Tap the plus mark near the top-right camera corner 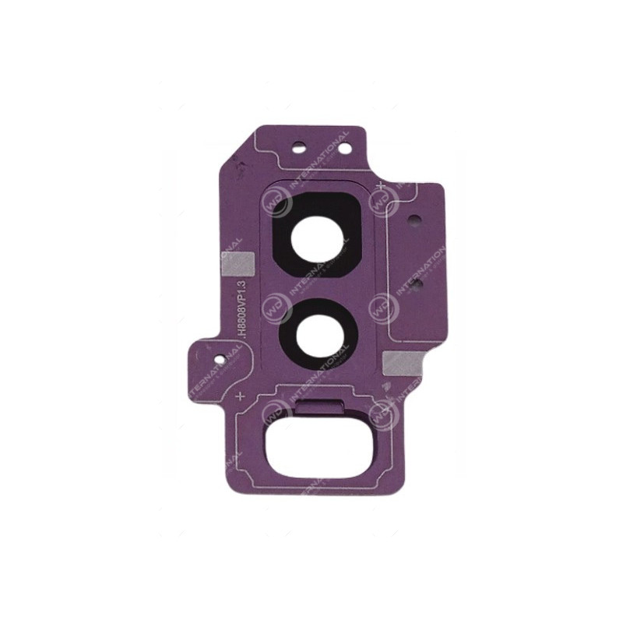coord(378,185)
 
